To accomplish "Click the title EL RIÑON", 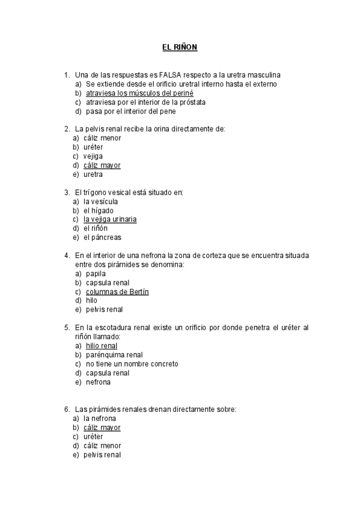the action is click(180, 46).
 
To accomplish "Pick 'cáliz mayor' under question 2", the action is click(102, 165).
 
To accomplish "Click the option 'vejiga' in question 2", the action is click(93, 156).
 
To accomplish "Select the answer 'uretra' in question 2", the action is click(93, 174).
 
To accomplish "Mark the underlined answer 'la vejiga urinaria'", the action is click(110, 220).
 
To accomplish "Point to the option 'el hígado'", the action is click(97, 210).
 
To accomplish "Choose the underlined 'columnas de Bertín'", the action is click(117, 292).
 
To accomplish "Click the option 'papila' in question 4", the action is click(96, 274).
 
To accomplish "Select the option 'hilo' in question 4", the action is click(91, 301).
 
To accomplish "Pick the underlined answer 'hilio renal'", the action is click(102, 346).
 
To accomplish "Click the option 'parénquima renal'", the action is click(114, 355).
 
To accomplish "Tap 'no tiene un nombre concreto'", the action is click(132, 364).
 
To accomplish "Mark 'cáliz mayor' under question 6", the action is click(102, 428).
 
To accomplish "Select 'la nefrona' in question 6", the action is click(100, 419).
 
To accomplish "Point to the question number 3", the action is click(66, 192).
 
